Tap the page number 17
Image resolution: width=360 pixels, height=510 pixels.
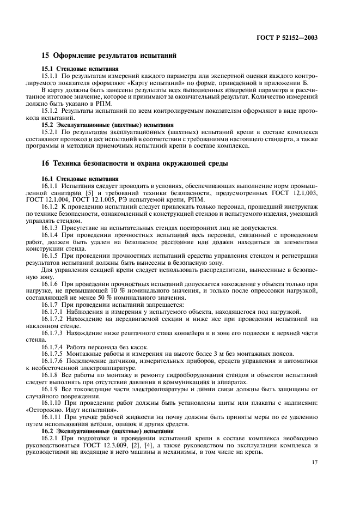(x=314, y=463)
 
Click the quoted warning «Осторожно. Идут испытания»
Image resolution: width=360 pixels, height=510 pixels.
(x=71, y=411)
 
